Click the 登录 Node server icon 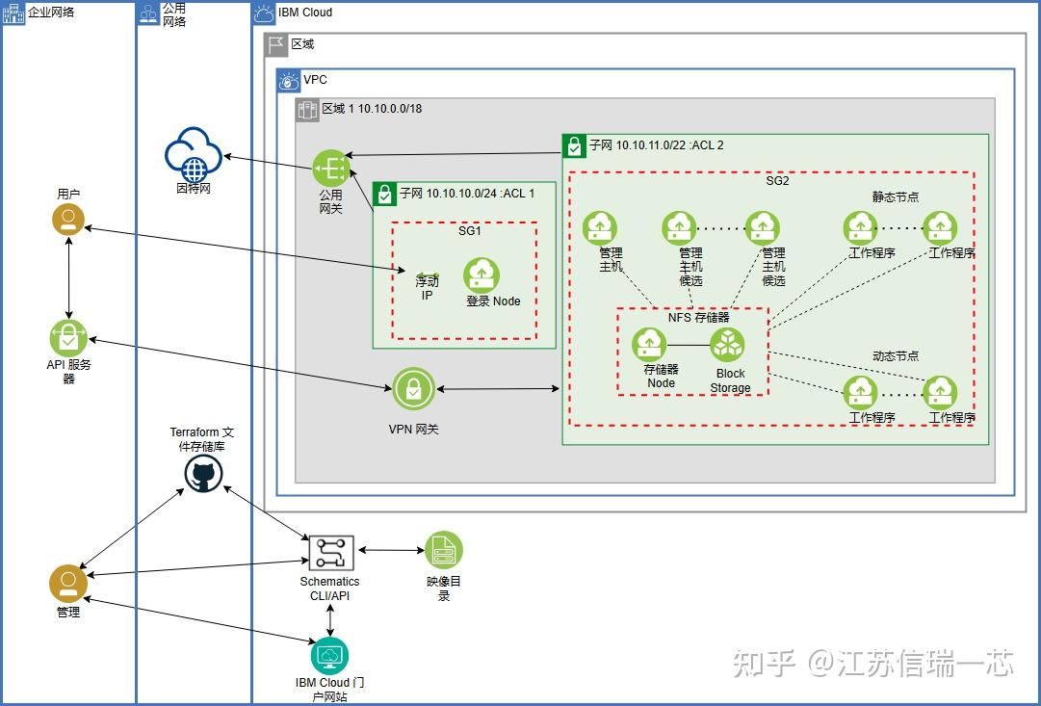coord(481,275)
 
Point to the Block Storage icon coord(729,345)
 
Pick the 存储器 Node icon coord(650,345)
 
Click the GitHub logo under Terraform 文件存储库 coord(203,474)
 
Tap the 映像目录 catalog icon coord(444,551)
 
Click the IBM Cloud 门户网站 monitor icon coord(330,656)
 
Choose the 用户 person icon coord(67,221)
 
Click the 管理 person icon coord(67,583)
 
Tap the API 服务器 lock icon coord(67,337)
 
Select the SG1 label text coord(470,231)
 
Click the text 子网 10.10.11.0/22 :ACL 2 coord(656,145)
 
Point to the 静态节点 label coord(895,196)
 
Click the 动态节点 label coord(895,356)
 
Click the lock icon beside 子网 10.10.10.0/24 coord(385,194)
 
